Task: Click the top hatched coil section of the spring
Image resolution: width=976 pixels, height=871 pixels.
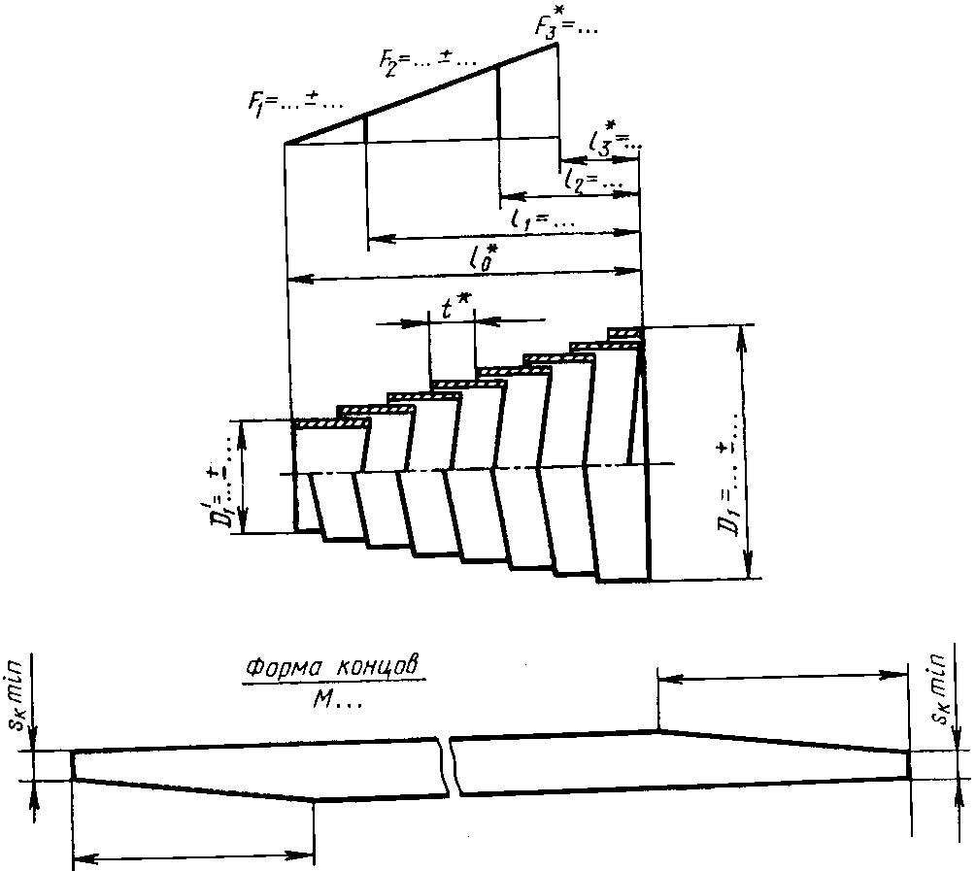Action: coord(625,334)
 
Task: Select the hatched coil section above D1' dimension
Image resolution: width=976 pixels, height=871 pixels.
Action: coord(331,423)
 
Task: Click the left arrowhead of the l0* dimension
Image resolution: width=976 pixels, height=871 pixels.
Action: coord(295,279)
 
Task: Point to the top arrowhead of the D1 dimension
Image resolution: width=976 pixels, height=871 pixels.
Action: coord(744,335)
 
